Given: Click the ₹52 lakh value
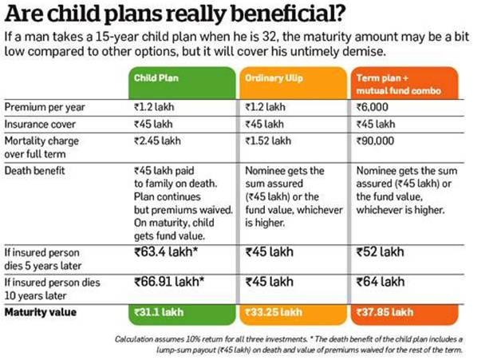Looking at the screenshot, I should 381,252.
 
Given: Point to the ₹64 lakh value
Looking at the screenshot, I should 381,282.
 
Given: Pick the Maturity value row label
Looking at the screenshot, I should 41,312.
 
